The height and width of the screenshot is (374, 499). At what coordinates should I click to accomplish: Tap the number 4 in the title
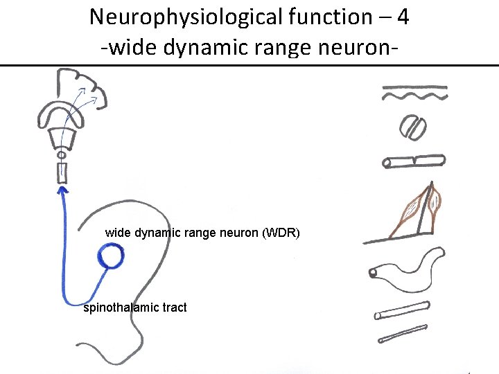click(402, 17)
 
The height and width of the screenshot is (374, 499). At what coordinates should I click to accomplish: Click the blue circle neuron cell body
click(110, 258)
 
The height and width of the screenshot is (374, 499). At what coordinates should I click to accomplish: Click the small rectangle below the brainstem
click(62, 172)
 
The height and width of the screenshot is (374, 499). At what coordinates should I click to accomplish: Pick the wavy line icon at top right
click(414, 93)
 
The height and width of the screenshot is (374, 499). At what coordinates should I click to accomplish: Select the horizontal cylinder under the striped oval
click(414, 161)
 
